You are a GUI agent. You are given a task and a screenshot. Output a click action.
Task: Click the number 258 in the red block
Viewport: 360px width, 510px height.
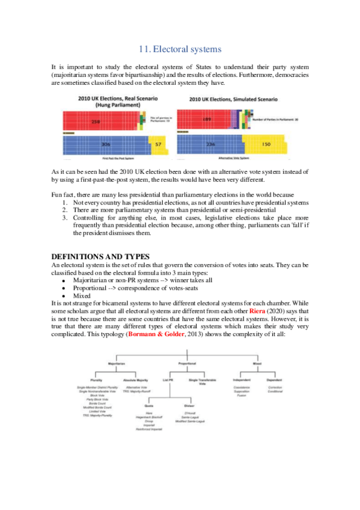click(95, 121)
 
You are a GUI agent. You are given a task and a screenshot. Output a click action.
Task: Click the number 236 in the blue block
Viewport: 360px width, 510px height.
click(210, 145)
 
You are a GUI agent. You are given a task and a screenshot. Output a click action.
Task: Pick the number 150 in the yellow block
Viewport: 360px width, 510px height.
click(267, 145)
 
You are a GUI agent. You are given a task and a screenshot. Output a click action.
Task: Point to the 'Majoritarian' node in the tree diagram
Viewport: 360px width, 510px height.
click(115, 364)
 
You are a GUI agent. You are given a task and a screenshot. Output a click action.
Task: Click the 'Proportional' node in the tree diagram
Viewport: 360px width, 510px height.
click(188, 364)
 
